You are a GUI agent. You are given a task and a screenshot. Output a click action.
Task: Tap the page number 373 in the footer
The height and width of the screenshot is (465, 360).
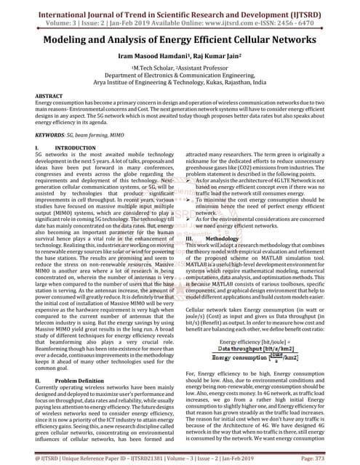click(340, 459)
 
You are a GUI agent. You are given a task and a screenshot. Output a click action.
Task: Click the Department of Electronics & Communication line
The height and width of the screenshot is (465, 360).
click(180, 74)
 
